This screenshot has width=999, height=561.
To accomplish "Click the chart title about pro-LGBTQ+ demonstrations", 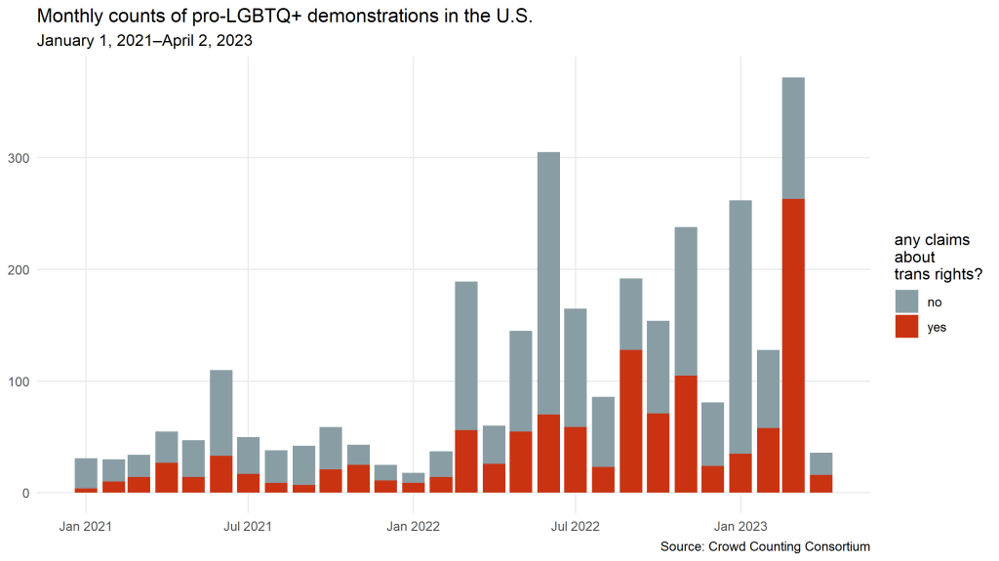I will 284,18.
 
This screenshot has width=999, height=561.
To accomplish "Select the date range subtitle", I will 145,42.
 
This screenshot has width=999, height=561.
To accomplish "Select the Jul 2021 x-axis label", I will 248,527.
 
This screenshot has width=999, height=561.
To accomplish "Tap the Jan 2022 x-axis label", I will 414,527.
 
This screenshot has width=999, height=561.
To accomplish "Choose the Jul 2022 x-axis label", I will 576,527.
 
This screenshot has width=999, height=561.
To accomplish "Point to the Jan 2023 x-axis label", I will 740,527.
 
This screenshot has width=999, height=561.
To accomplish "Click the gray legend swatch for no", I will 906,301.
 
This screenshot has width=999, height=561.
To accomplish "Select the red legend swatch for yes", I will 906,327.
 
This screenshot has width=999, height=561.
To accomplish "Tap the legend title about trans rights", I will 938,258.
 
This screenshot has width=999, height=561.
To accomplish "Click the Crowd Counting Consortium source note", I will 765,546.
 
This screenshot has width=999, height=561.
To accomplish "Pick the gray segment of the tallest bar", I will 793,138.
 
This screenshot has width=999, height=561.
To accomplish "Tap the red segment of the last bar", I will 820,484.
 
